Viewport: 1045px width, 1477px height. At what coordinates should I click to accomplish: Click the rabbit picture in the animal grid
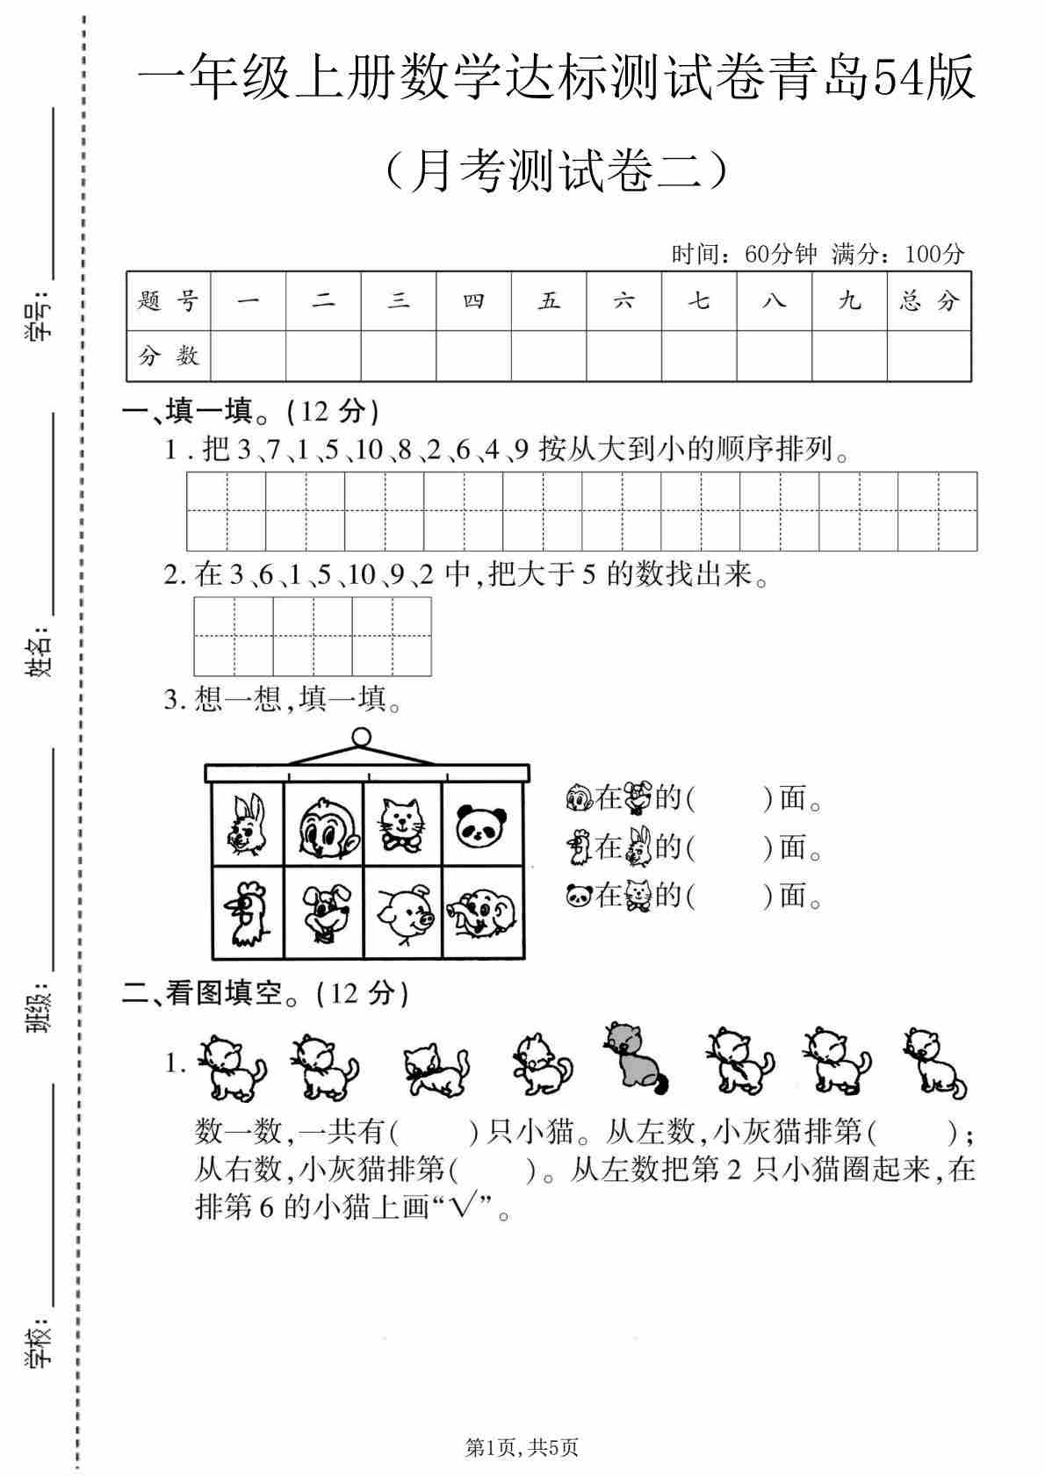pos(248,824)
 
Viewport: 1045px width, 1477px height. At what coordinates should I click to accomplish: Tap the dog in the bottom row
pos(326,912)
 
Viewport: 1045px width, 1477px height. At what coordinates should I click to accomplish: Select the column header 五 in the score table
pos(549,301)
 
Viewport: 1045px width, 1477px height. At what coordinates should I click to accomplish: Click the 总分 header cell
pos(929,301)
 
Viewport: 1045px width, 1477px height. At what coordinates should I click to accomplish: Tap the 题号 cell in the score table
pos(169,301)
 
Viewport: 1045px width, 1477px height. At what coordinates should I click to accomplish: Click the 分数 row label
pos(169,356)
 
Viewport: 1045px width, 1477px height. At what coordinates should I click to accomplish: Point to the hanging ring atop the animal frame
pos(361,736)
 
